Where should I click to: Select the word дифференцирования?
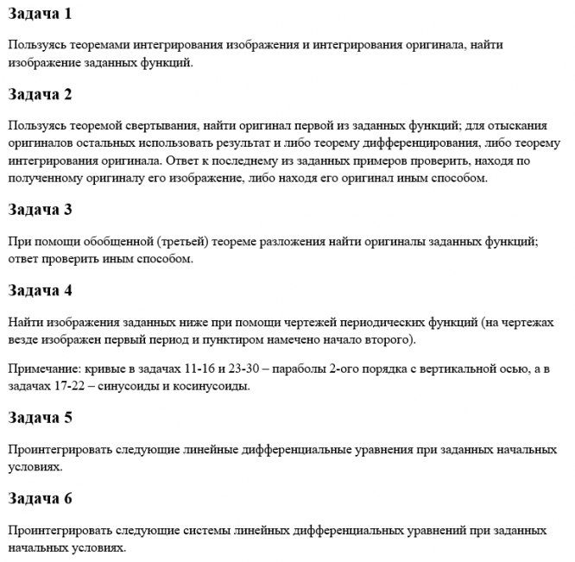click(x=429, y=143)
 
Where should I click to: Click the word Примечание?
click(x=44, y=369)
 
